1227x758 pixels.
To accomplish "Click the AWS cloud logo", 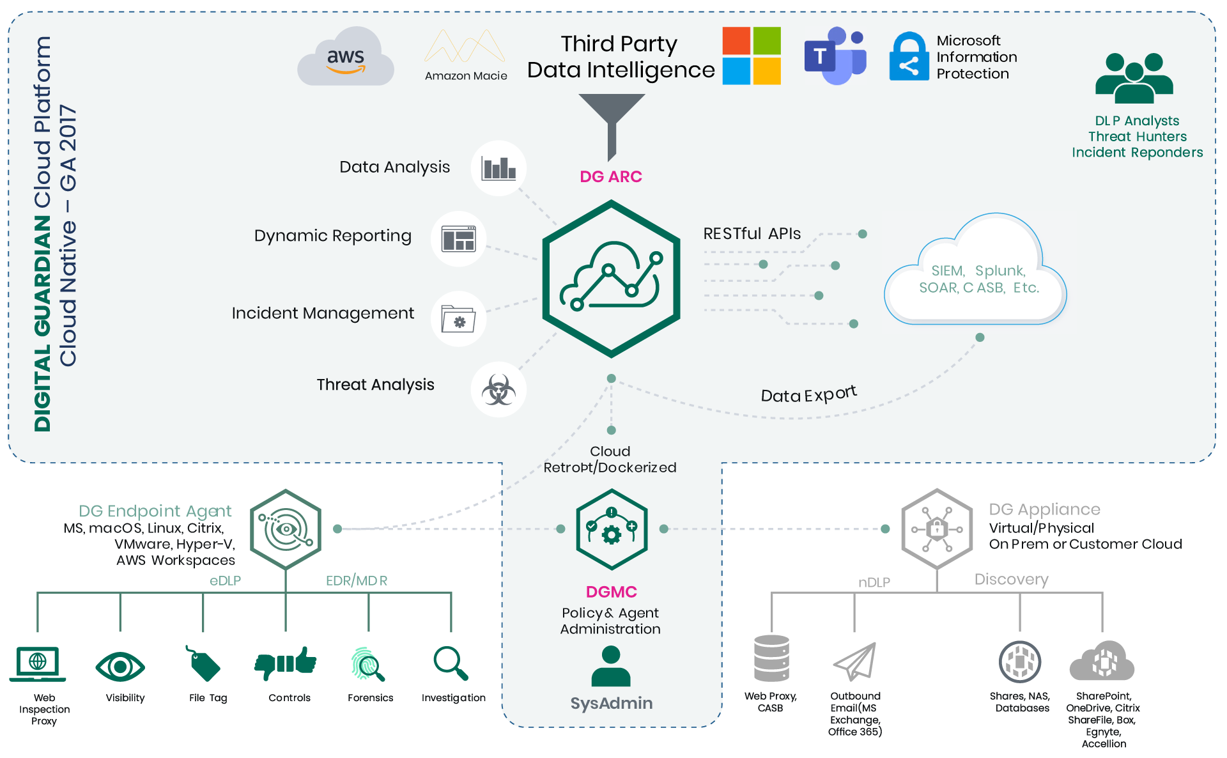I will [345, 58].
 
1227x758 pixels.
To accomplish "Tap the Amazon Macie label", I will [466, 75].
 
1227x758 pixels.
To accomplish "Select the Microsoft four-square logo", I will [752, 56].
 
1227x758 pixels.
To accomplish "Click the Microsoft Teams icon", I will [835, 56].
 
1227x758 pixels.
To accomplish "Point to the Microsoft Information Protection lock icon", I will [909, 57].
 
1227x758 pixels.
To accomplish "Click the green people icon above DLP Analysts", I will [1134, 79].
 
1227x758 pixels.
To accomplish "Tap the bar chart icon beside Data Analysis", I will [498, 169].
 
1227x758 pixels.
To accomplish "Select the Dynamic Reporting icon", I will [458, 239].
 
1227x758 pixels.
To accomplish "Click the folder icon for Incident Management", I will [458, 319].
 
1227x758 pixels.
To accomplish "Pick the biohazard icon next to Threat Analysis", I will [498, 390].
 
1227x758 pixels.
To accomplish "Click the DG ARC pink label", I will [610, 177].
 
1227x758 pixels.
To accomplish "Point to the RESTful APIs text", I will [752, 234].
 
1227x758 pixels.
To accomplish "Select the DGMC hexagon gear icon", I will [612, 529].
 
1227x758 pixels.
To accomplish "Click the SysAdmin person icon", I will [611, 666].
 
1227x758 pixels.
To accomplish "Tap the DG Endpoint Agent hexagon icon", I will [286, 529].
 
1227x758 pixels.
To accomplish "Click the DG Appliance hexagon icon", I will [936, 529].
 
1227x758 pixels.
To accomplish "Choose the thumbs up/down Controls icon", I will [286, 663].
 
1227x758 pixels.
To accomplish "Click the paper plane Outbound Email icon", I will [854, 662].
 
